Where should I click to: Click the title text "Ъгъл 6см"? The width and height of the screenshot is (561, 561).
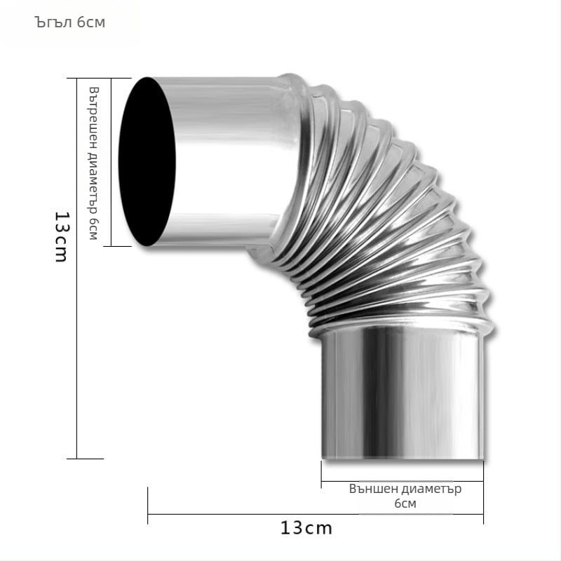(x=69, y=22)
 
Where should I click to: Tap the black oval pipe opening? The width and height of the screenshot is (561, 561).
(x=147, y=162)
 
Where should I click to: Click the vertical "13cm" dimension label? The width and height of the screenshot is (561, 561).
(x=62, y=237)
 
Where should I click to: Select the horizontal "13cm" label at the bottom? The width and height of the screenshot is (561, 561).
(x=306, y=528)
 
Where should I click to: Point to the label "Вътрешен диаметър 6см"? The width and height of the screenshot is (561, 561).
(x=94, y=163)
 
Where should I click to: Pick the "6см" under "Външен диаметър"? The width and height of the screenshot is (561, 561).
(x=405, y=503)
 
